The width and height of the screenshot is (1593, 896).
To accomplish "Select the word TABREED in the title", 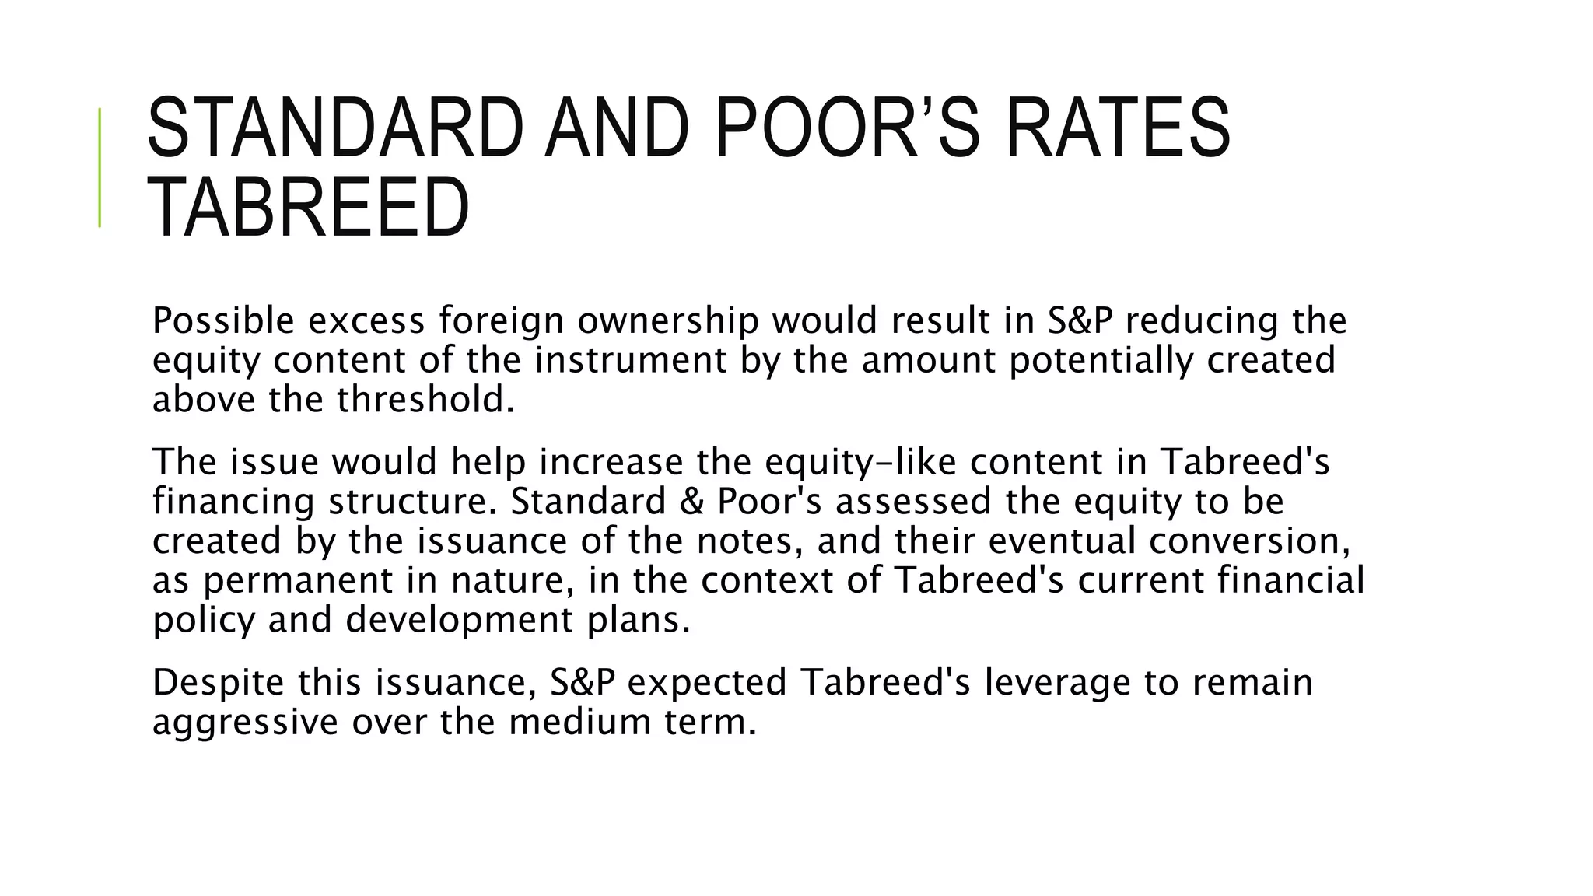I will coord(308,207).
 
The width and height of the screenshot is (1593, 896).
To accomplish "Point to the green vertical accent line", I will coord(100,167).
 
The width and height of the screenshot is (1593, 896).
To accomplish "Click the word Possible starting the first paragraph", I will coord(223,320).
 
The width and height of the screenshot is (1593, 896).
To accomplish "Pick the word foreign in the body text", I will coord(501,320).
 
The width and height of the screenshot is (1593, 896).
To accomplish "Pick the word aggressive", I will coord(245,722).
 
